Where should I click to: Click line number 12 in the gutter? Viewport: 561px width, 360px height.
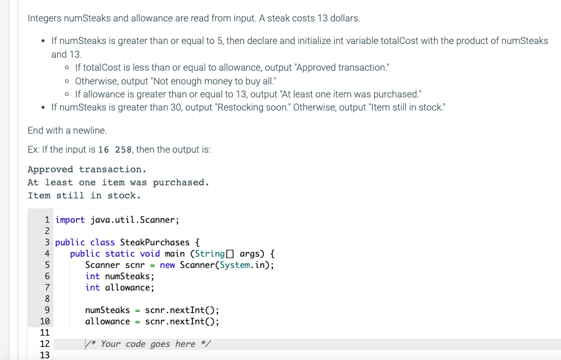(x=45, y=344)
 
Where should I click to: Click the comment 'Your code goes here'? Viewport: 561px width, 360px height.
(x=148, y=344)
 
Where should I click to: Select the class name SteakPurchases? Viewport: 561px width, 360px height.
(x=154, y=242)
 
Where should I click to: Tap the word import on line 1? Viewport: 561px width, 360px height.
(x=70, y=220)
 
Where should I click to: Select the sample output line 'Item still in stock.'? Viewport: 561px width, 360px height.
(x=84, y=195)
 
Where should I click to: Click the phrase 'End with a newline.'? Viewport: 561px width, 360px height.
(x=67, y=130)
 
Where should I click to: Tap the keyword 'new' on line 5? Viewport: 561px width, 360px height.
(x=167, y=265)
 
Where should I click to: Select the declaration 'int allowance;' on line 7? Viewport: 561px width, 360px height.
(x=120, y=288)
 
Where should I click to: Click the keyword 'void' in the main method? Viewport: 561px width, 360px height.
(x=150, y=254)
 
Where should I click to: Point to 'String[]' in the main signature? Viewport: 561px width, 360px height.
(x=214, y=254)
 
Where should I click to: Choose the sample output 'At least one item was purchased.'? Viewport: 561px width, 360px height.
(x=118, y=182)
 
